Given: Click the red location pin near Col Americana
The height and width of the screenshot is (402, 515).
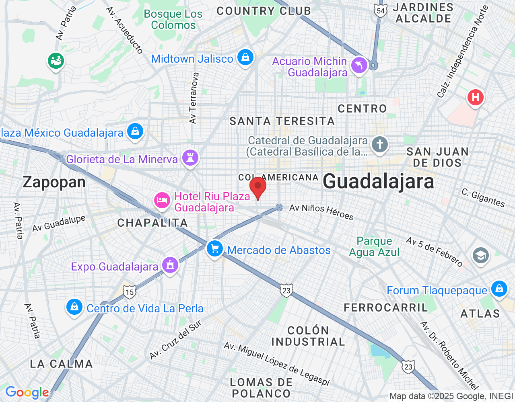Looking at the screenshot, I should pos(258,188).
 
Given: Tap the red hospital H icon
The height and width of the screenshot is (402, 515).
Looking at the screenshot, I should pos(476,97).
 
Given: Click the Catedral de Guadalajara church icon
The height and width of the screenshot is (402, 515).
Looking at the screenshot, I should pos(379,144).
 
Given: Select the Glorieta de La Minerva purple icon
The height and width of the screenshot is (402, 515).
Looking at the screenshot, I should pos(190,158).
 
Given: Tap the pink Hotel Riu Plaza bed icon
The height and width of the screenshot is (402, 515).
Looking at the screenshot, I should pos(162,200).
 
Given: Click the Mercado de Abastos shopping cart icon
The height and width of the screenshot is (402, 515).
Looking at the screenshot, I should pos(215,249).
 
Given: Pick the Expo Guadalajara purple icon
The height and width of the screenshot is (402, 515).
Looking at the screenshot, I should pos(170,265).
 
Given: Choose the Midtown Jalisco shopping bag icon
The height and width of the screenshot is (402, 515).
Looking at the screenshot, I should pos(245,57).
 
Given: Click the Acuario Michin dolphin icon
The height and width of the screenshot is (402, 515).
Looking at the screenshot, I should pos(359,65).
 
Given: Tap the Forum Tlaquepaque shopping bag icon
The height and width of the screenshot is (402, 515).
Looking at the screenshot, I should pos(499,289).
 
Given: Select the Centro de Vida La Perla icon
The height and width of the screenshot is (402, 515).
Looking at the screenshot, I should pos(74,308).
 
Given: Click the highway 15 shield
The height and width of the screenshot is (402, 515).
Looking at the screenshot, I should pos(129,292).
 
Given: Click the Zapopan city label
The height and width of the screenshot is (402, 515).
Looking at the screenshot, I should pos(54,182).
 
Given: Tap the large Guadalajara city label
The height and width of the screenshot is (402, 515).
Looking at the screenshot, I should pos(378,181).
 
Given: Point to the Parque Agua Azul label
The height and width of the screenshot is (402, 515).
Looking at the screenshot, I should pos(374,246).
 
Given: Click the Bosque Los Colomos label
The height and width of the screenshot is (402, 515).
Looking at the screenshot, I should pos(173,19).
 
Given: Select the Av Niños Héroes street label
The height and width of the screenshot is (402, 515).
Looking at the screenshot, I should pos(321,211).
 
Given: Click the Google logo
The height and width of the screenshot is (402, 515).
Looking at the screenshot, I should pos(27,392).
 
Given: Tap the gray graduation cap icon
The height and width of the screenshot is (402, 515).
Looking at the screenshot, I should pos(481,255).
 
